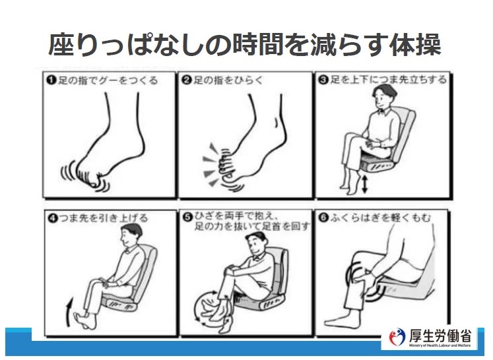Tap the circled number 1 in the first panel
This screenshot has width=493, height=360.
click(x=51, y=80)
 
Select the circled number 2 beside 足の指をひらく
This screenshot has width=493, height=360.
click(x=187, y=80)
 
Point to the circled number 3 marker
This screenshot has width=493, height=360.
click(x=323, y=80)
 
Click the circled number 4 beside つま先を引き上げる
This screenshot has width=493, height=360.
click(x=53, y=218)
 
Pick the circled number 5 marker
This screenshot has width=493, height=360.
click(x=187, y=217)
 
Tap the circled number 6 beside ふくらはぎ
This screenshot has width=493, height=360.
click(x=323, y=218)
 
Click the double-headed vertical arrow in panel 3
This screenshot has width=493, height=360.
click(x=364, y=185)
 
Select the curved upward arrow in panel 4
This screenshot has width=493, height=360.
click(x=69, y=313)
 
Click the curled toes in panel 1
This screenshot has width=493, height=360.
click(x=90, y=178)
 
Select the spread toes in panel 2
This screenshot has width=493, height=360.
click(x=224, y=164)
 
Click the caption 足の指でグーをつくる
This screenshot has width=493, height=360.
click(x=108, y=80)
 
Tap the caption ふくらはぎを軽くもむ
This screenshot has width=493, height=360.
click(x=380, y=218)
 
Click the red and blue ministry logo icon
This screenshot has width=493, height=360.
click(x=397, y=337)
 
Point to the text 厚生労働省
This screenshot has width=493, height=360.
click(x=440, y=335)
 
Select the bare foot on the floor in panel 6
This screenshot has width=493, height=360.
click(x=342, y=320)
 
